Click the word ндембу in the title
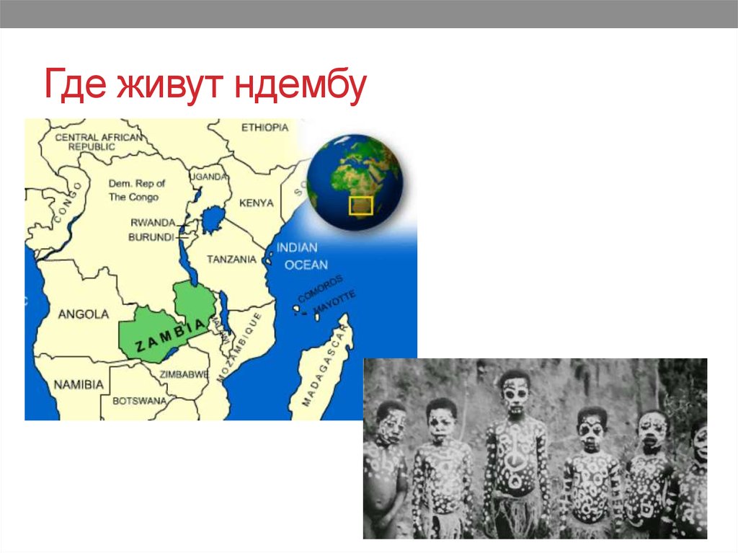coord(300,86)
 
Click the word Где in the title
coord(71,86)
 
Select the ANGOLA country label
coord(83,314)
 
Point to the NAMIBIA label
coord(78,385)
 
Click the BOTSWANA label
coord(139,400)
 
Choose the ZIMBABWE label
coord(184,374)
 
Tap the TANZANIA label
coord(231,259)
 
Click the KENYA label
coord(256,203)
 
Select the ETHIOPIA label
coord(264,128)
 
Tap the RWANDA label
coord(153,223)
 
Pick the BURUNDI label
coord(151,236)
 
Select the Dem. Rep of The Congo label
coord(137,190)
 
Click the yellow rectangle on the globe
coord(360,205)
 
